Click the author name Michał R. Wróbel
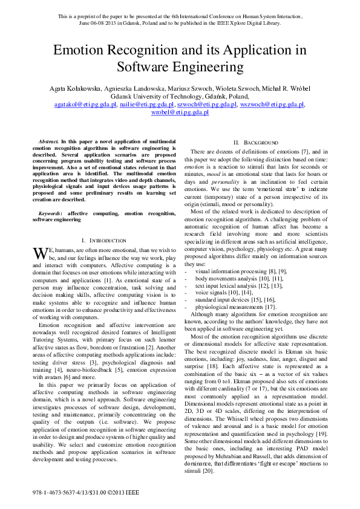[286, 88]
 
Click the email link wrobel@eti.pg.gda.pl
[180, 112]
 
